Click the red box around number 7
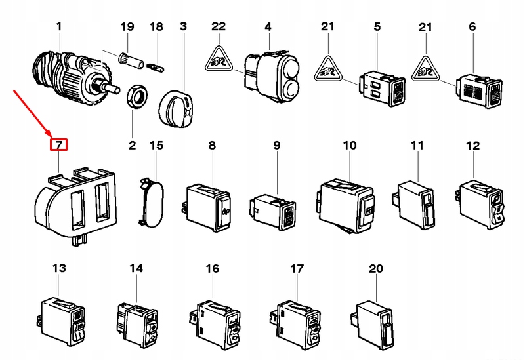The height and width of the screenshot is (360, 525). pos(58,145)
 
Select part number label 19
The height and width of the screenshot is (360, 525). pos(127,26)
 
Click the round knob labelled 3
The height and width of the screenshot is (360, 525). pos(176,108)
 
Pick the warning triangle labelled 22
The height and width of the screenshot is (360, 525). pos(219,60)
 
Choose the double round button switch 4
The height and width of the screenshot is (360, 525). pos(272,75)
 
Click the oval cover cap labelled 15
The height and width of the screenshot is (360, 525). pos(151,203)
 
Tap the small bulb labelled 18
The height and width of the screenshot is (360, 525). pos(156,68)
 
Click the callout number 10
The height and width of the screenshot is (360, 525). pos(350,145)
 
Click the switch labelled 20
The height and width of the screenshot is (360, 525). pos(373,325)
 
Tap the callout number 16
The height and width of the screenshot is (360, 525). pos(213,268)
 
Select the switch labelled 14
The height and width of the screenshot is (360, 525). pos(138,324)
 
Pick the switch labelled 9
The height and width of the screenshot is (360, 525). pos(272,212)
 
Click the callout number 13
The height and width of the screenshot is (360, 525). pos(59,268)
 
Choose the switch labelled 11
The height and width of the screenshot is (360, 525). pos(413,205)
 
